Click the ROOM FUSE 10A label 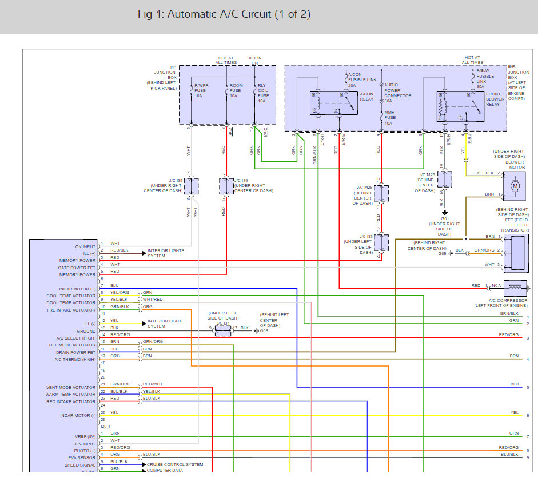[x=235, y=91]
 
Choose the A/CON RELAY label [x=366, y=96]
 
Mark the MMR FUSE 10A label [x=390, y=117]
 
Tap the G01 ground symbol [x=445, y=212]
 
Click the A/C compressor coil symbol [x=515, y=285]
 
